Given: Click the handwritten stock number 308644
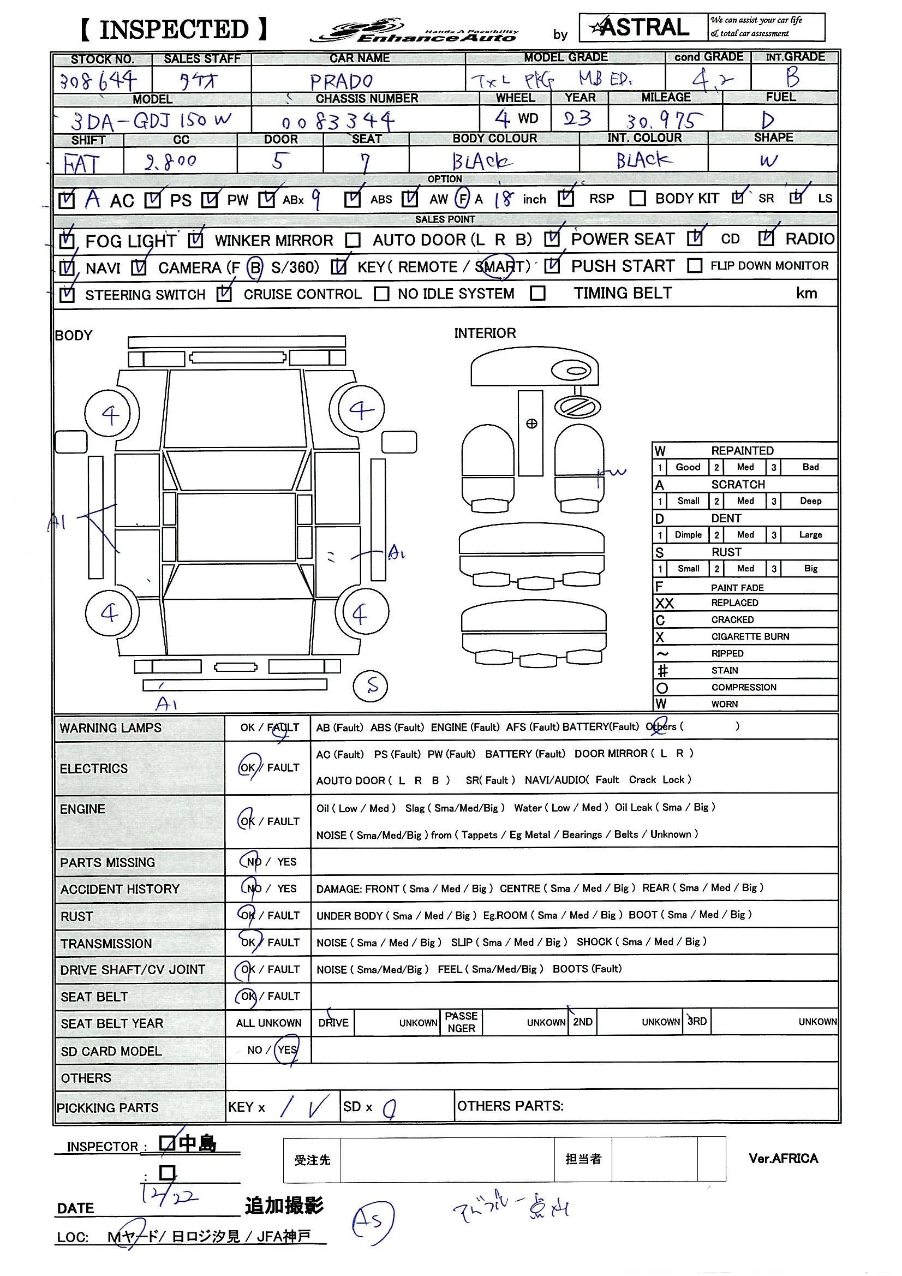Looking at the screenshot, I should pyautogui.click(x=98, y=81).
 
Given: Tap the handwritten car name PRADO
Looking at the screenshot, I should pyautogui.click(x=341, y=82).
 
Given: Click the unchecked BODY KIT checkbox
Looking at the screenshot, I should pyautogui.click(x=637, y=199).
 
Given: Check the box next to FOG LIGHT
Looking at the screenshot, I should pyautogui.click(x=67, y=241).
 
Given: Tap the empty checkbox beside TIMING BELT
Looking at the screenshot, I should pyautogui.click(x=537, y=293).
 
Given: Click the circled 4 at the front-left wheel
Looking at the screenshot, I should pyautogui.click(x=111, y=414).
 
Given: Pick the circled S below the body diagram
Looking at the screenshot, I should pyautogui.click(x=371, y=686).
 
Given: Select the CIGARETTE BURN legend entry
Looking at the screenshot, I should pyautogui.click(x=750, y=636).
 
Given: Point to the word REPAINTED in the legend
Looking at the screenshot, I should pyautogui.click(x=742, y=450).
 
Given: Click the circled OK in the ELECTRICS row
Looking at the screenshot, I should pyautogui.click(x=247, y=767).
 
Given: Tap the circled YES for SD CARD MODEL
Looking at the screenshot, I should pyautogui.click(x=288, y=1050).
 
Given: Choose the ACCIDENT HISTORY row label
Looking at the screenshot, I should pyautogui.click(x=120, y=889).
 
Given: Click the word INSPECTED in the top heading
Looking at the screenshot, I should pyautogui.click(x=174, y=30).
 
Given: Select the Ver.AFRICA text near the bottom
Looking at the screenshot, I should pyautogui.click(x=783, y=1158).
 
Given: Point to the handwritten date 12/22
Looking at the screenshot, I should pyautogui.click(x=169, y=1195).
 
